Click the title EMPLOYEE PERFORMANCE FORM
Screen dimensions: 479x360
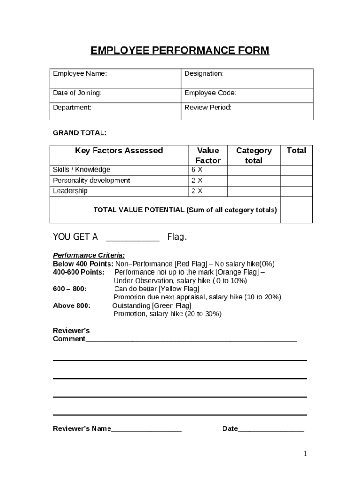[180, 51]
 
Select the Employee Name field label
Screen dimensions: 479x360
[79, 73]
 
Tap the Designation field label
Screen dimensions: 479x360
[204, 73]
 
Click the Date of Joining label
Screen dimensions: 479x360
[77, 93]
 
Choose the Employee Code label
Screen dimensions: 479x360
[210, 93]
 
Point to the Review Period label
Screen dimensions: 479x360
[208, 108]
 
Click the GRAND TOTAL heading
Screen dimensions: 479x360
[79, 133]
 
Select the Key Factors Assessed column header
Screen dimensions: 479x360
[119, 151]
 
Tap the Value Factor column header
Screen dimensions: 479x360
[208, 155]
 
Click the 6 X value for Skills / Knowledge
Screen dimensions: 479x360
[197, 170]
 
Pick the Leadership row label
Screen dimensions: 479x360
[70, 191]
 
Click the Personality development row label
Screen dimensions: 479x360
[91, 181]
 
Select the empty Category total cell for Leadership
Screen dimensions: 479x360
[253, 191]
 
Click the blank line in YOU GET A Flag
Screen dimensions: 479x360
[133, 238]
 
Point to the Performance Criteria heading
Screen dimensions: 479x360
[89, 255]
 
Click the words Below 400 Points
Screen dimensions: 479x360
[83, 264]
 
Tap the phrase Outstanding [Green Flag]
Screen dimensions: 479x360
[151, 305]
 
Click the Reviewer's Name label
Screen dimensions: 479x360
[82, 429]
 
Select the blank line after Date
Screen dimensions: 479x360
[271, 429]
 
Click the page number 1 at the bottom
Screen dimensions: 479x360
[305, 454]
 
